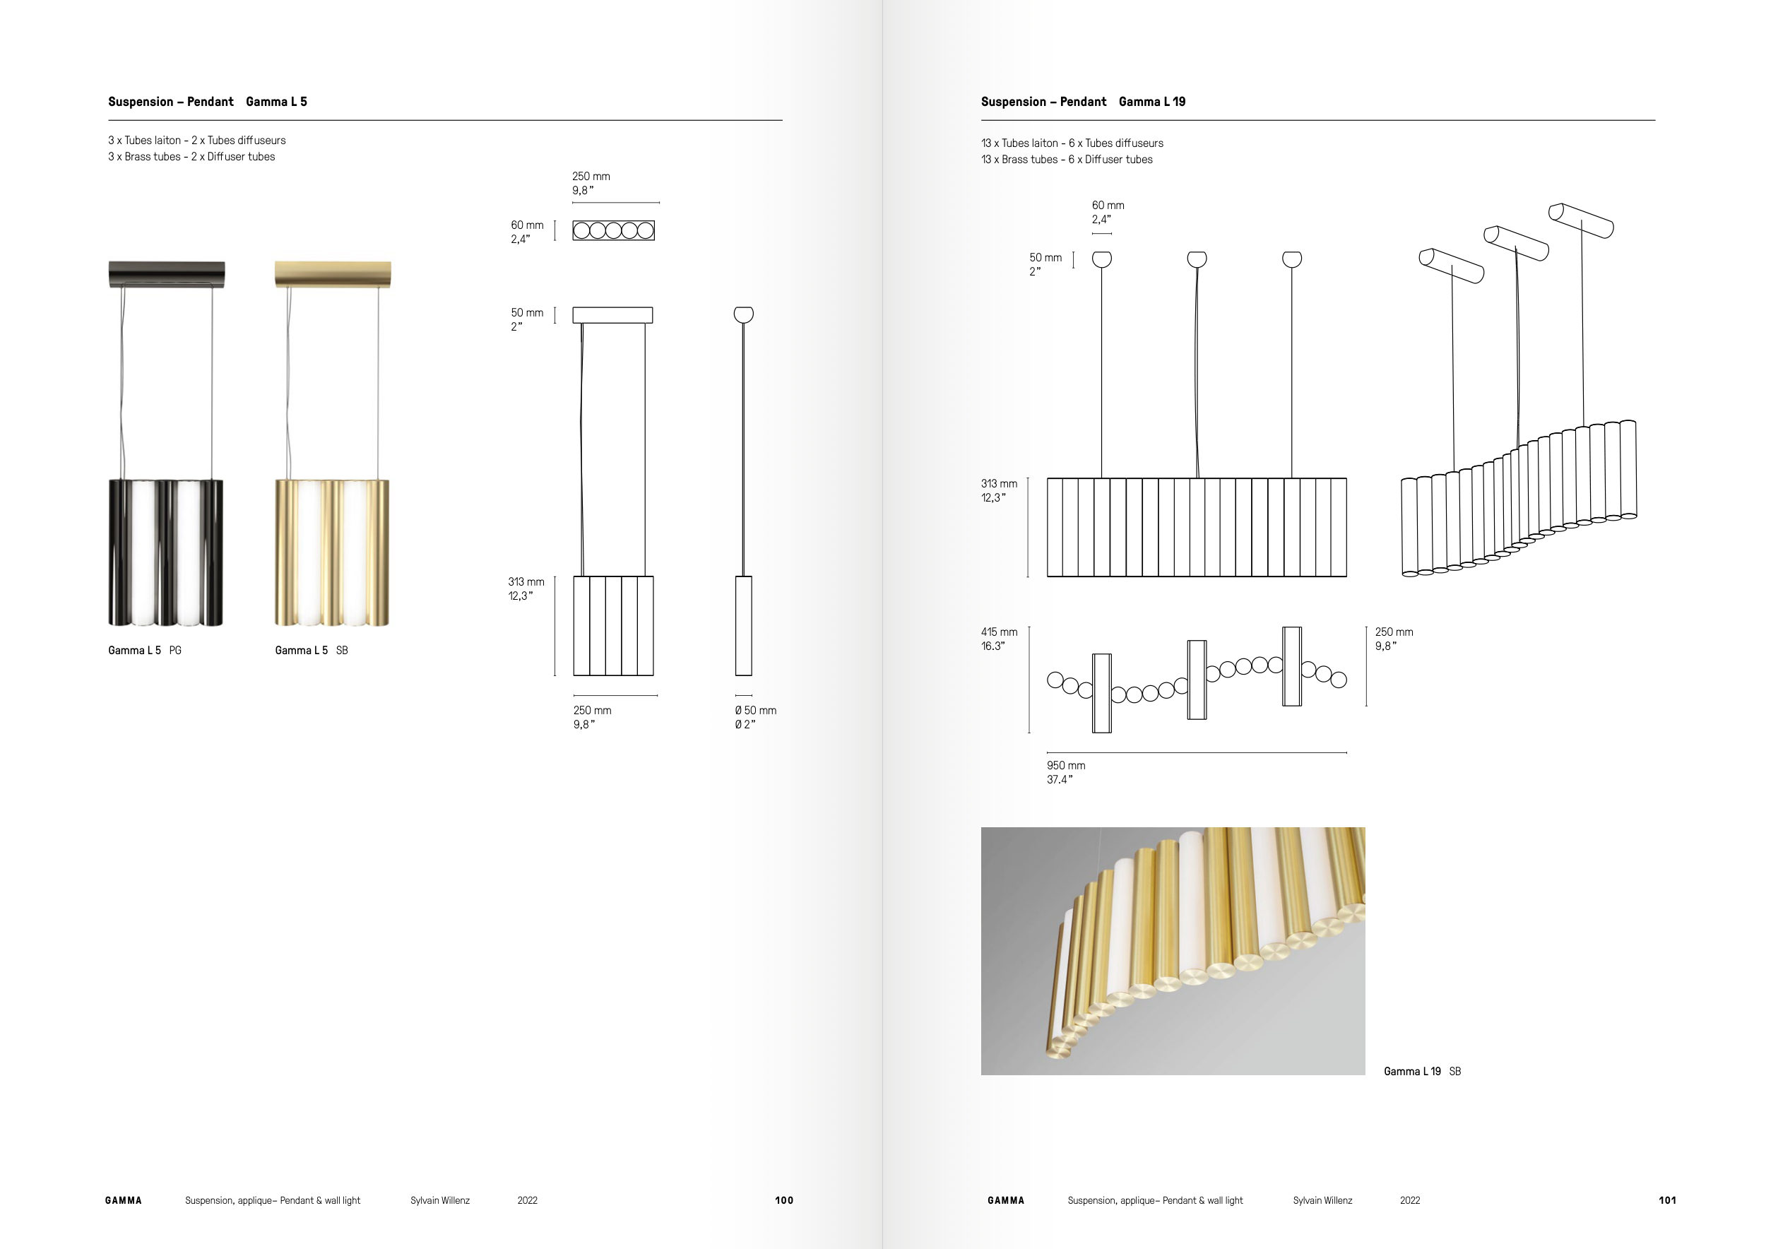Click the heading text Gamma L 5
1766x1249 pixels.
coord(276,102)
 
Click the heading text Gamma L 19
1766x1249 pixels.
coord(1151,102)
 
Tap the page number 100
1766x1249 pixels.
coord(784,1200)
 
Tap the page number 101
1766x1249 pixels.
coord(1667,1200)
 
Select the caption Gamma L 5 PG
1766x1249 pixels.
coord(145,651)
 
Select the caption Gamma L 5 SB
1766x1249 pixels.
coord(312,651)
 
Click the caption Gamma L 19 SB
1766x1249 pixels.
coord(1421,1072)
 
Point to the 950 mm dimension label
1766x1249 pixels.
coord(1066,766)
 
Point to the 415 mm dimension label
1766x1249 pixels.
coord(999,632)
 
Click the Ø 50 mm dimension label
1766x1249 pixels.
coord(755,711)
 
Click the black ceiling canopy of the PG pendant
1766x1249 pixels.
coord(167,274)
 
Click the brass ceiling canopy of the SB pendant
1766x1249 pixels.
coord(333,274)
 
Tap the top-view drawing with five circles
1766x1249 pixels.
coord(614,231)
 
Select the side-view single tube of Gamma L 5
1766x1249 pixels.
coord(743,625)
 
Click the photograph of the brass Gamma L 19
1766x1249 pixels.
coord(1172,951)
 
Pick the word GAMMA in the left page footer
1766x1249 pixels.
coord(124,1200)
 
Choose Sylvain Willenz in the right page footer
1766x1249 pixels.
coord(1322,1200)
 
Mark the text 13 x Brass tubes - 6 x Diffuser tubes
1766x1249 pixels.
coord(1066,160)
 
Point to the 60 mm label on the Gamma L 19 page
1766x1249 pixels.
coord(1108,206)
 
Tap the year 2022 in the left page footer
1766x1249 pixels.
coord(528,1200)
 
